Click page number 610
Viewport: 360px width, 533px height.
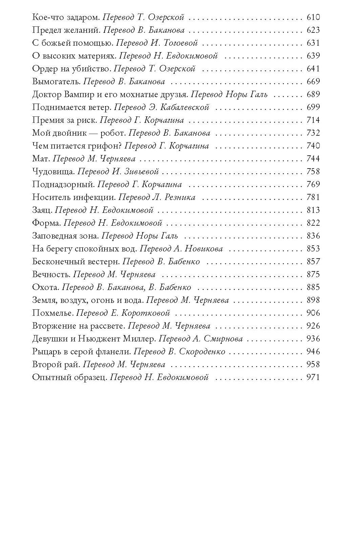(x=313, y=17)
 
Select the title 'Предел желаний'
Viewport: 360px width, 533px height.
(x=66, y=30)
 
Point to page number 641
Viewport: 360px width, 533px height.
(x=313, y=69)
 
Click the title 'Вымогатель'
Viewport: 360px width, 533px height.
(x=56, y=82)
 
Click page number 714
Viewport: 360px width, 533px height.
(x=313, y=120)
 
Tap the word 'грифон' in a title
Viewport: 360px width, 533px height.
(x=108, y=146)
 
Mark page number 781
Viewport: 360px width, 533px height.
(x=313, y=197)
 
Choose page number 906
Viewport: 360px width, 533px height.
(x=313, y=313)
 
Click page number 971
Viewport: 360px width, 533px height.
(x=313, y=377)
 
